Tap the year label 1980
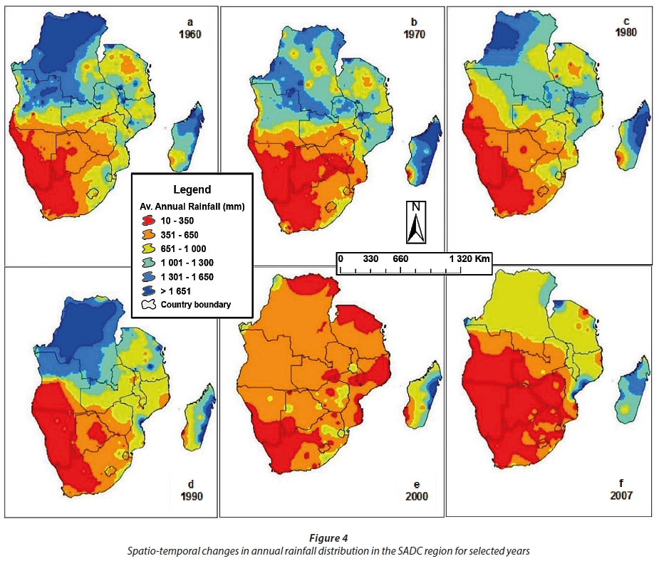tap(628, 32)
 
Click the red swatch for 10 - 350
tap(150, 220)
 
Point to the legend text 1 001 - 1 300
tap(189, 262)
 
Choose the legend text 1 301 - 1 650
tap(189, 276)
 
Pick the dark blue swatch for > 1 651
tap(150, 290)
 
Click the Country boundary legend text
tap(195, 305)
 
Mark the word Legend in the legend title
tap(192, 189)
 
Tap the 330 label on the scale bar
tap(370, 258)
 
